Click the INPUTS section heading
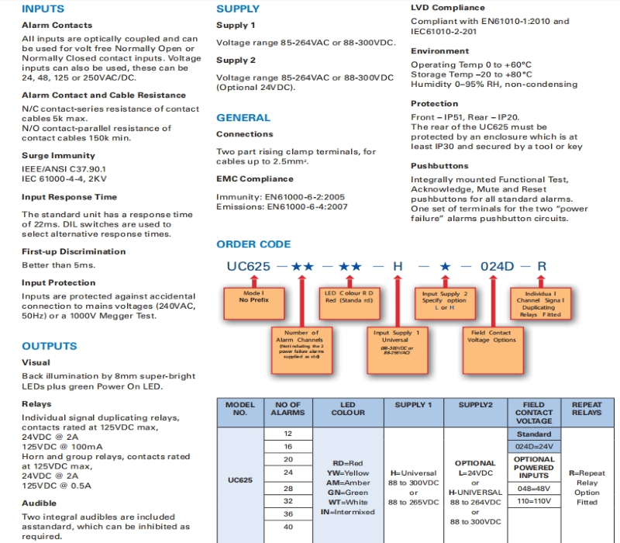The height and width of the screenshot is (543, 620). tap(43, 9)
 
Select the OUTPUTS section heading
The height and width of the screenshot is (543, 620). tap(50, 346)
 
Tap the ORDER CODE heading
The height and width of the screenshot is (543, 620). tap(253, 244)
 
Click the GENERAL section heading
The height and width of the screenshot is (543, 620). tap(243, 118)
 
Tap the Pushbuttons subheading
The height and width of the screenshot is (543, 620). tap(439, 166)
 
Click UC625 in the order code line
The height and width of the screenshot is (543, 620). tap(248, 267)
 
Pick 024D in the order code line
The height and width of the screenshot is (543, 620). tap(498, 267)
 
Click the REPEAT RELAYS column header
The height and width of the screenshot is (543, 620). tap(587, 409)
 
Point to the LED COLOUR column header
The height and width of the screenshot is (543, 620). tap(348, 409)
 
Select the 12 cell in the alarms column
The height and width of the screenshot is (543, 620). tap(288, 434)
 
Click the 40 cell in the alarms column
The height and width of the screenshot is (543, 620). tap(288, 527)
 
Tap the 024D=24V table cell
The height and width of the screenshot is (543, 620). tap(534, 447)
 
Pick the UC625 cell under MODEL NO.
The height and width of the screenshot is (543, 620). tap(240, 479)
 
